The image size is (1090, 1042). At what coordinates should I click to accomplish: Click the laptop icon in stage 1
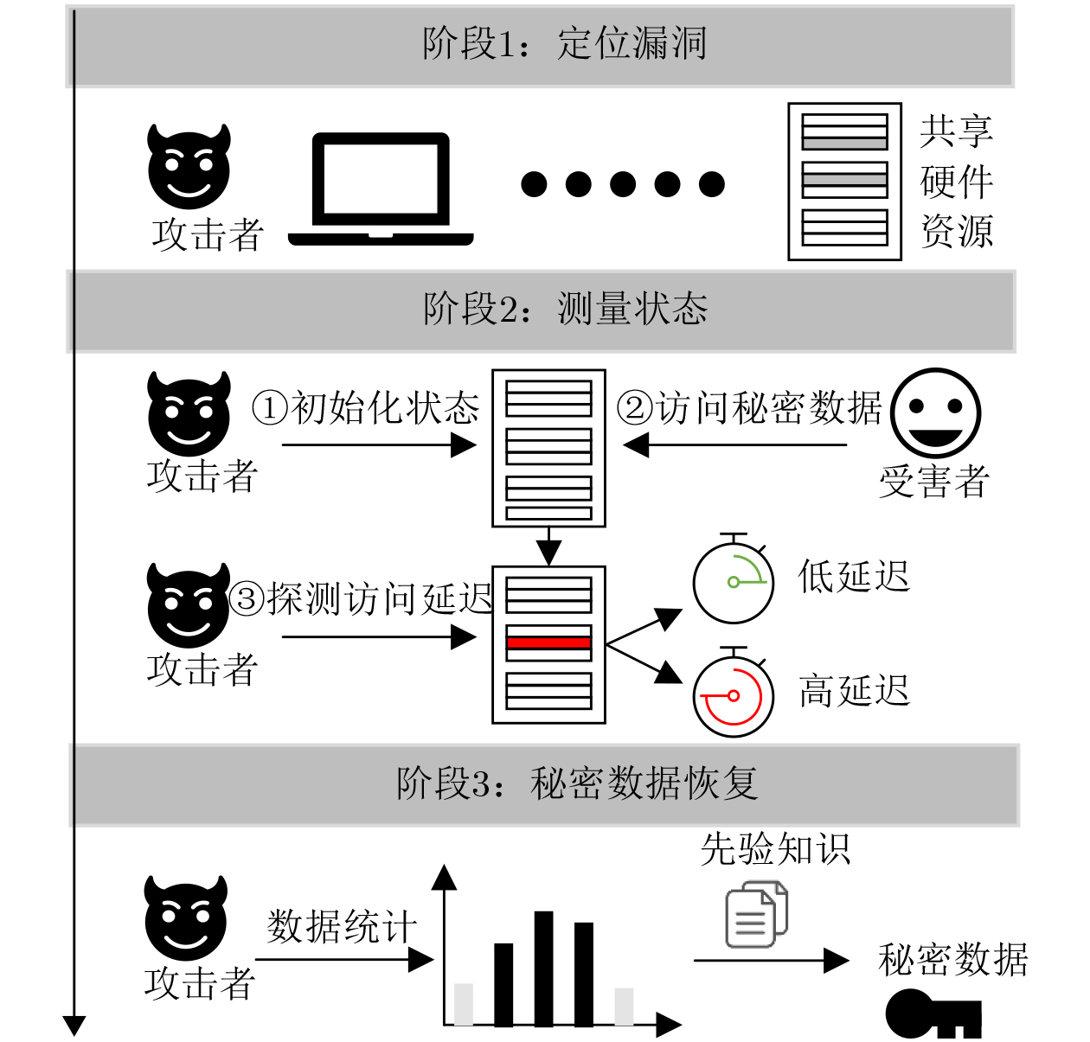point(381,189)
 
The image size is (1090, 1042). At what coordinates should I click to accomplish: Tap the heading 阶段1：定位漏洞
point(564,44)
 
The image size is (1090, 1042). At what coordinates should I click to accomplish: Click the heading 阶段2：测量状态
point(565,309)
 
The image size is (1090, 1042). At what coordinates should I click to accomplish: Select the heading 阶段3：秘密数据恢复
point(577,783)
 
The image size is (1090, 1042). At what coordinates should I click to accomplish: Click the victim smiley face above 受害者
point(935,413)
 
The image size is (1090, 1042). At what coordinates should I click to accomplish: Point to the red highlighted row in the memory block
point(548,642)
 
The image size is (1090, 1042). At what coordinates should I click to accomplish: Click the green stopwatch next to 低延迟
point(734,579)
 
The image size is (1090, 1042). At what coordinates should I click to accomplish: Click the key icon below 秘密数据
point(933,1014)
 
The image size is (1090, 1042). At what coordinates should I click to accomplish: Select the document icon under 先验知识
point(756,914)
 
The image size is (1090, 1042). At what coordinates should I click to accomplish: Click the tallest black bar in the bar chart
point(543,968)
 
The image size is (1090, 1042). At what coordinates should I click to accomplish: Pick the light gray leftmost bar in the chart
point(463,1005)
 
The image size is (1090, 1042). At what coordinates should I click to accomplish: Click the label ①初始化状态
point(365,407)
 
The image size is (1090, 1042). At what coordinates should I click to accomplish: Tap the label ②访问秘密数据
point(749,407)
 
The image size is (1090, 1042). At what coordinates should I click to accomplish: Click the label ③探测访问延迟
point(361,598)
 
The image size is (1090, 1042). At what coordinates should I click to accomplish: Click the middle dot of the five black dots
point(623,184)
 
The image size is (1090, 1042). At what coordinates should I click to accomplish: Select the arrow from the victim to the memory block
point(734,445)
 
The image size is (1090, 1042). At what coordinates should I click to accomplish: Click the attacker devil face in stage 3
point(186,917)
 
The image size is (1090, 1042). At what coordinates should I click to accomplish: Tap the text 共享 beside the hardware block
point(957,131)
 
